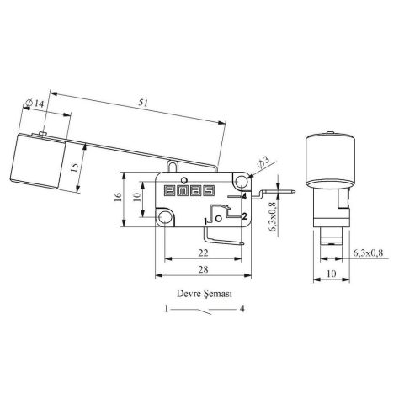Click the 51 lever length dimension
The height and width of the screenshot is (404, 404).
143,103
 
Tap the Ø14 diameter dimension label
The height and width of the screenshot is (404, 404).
35,104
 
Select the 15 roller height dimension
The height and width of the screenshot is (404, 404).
74,167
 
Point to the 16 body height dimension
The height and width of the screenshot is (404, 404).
118,196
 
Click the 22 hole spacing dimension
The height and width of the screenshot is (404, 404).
203,253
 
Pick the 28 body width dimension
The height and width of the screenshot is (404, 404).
203,269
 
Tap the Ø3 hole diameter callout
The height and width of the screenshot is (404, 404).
263,162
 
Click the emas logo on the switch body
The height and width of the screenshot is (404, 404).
189,190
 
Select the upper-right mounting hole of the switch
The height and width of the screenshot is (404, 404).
241,181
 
